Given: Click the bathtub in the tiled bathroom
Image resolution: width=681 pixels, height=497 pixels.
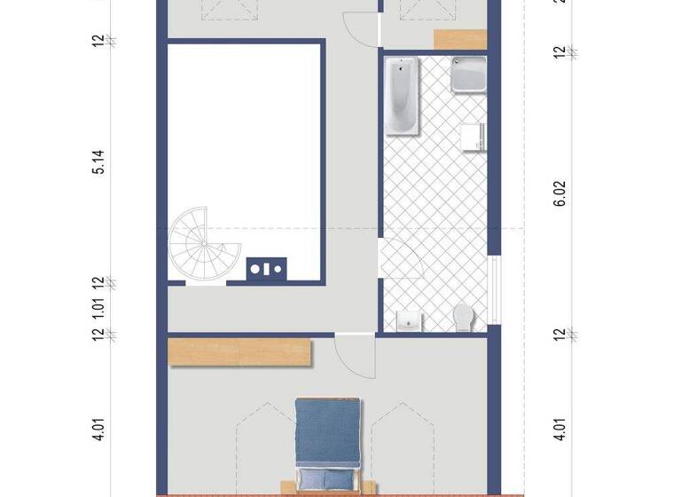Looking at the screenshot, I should [x=403, y=97].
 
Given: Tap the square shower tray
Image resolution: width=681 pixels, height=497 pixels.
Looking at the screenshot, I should [x=467, y=75].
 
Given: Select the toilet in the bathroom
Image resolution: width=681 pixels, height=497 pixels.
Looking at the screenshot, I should [x=463, y=316].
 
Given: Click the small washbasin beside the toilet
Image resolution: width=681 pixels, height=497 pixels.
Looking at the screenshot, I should [x=409, y=320].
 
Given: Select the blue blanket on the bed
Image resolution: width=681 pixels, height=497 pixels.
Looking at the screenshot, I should [x=328, y=435].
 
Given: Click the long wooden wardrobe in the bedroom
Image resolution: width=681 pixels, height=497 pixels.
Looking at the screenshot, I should [x=239, y=351].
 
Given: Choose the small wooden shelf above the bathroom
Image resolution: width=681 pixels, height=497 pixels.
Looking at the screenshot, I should [x=460, y=39].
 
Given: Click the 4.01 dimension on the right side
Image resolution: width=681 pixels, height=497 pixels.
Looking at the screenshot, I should [x=560, y=430].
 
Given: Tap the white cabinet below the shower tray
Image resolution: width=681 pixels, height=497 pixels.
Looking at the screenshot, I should [x=472, y=137].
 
